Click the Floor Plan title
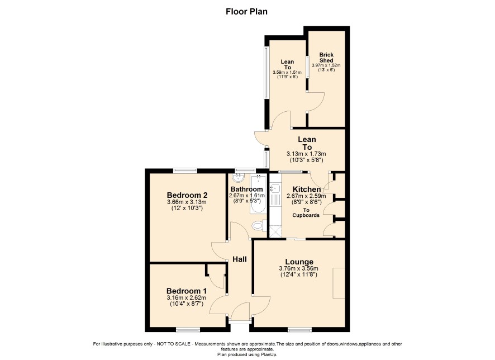(246, 12)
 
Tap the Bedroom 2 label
(187, 195)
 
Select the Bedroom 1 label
(187, 291)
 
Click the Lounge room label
(299, 262)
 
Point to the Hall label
(240, 259)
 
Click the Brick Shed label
(326, 57)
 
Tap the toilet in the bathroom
(259, 226)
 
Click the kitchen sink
(275, 188)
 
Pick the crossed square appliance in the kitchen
(275, 231)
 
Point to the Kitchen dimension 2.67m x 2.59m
(306, 196)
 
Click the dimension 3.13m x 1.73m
(306, 154)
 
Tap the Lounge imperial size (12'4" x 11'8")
(299, 274)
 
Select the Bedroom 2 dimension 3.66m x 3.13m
(187, 202)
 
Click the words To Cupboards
(306, 212)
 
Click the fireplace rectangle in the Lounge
(339, 283)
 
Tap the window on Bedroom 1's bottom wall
(188, 330)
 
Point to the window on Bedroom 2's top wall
(185, 171)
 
